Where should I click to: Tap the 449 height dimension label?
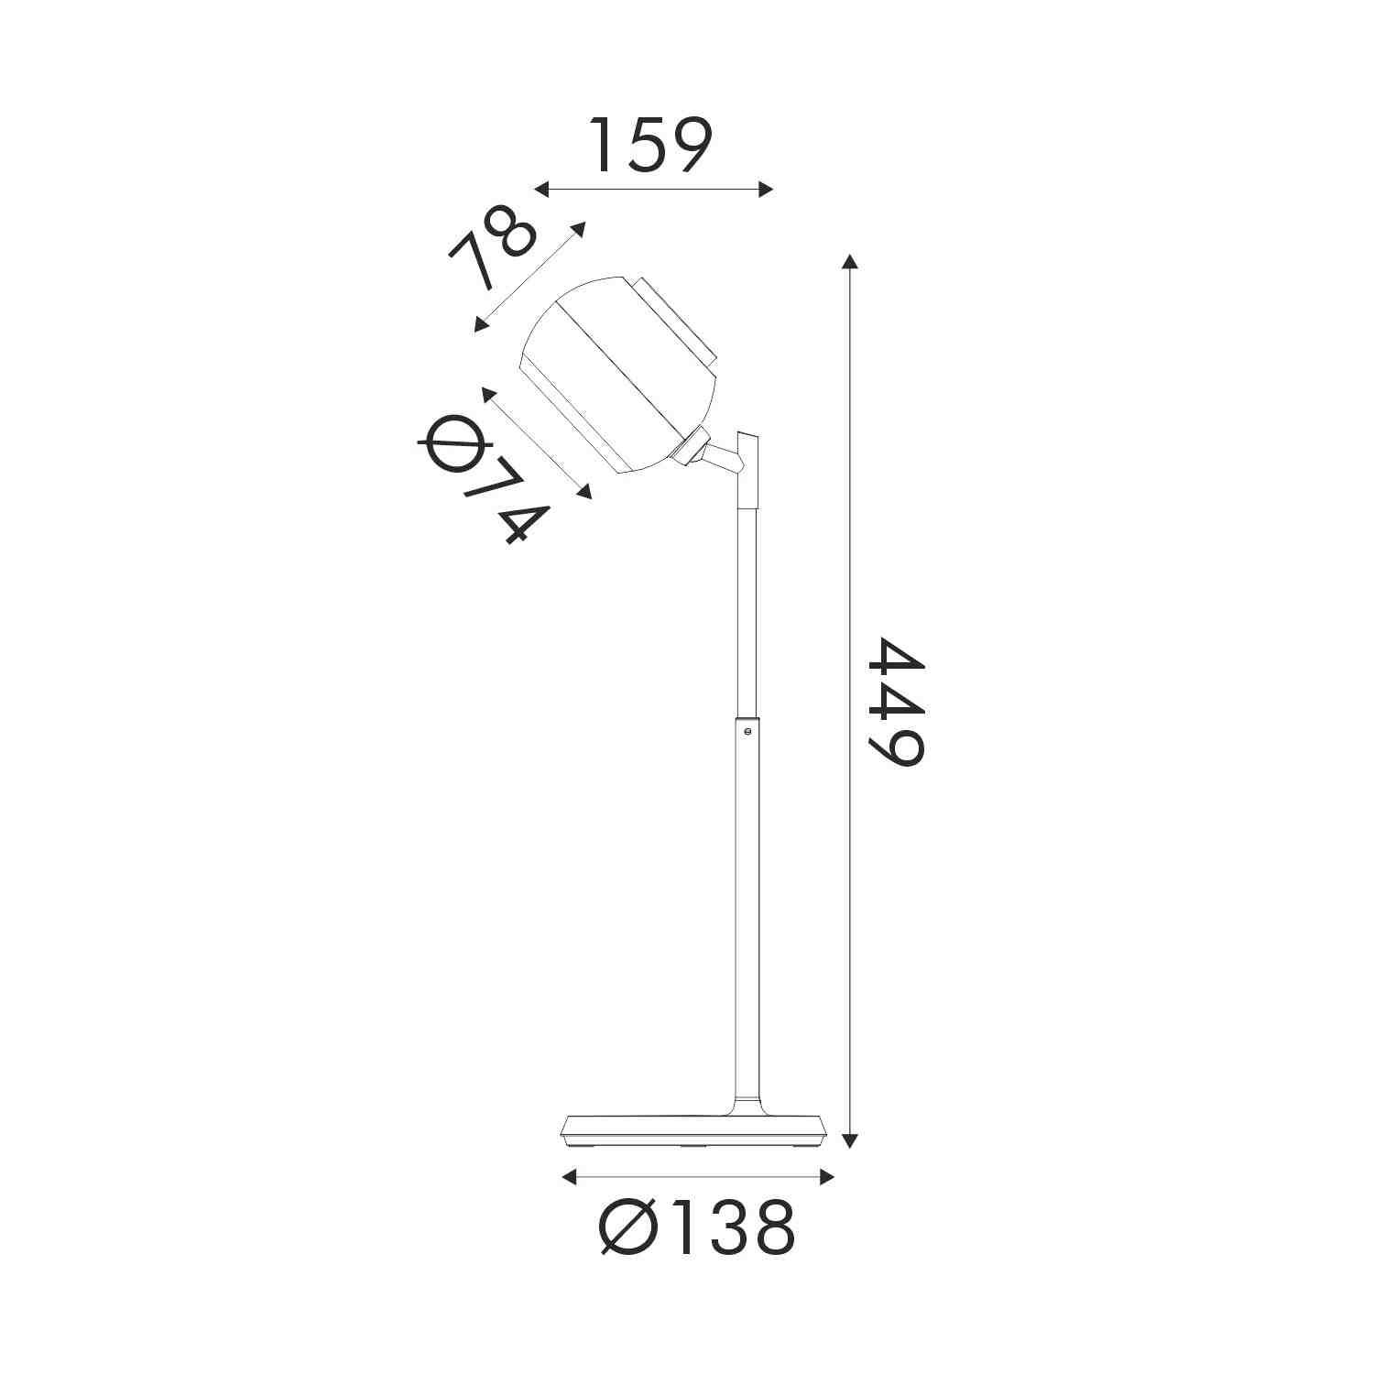pos(896,701)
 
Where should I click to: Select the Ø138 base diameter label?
pos(697,1227)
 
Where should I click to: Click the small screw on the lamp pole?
pos(748,730)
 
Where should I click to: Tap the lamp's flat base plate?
pos(696,1132)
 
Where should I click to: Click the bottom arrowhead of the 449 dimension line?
pos(851,1140)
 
